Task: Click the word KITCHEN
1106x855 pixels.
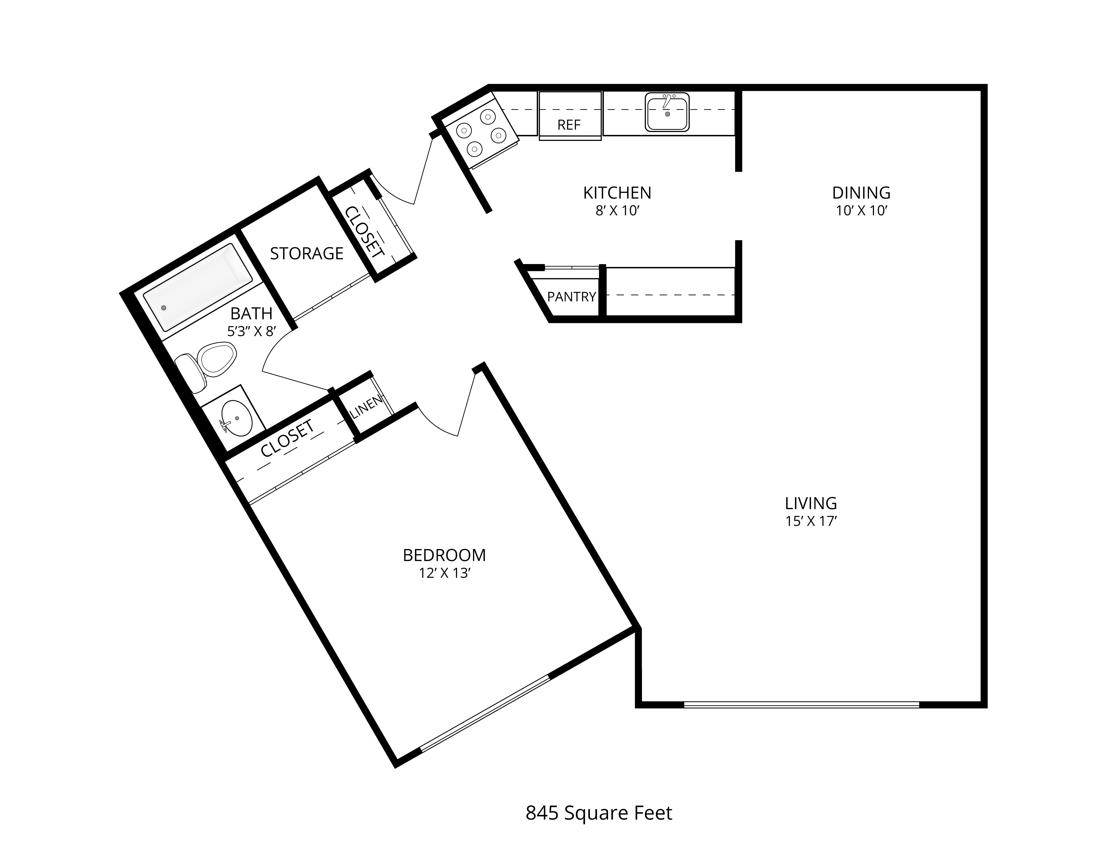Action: point(617,193)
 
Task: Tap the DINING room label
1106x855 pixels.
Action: point(861,193)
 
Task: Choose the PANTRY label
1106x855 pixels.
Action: point(572,297)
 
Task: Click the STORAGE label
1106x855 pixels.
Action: point(307,253)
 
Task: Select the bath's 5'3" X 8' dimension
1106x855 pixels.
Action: point(252,331)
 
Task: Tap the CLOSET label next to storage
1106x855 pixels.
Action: point(364,232)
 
